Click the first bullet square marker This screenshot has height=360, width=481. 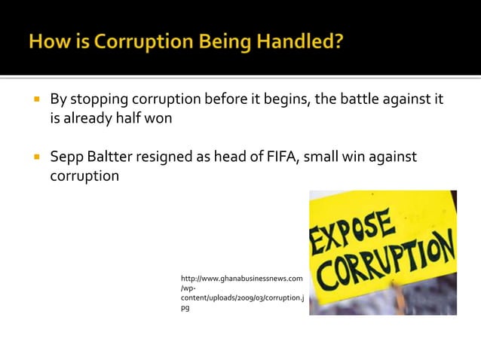click(35, 99)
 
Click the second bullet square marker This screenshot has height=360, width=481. click(35, 157)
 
